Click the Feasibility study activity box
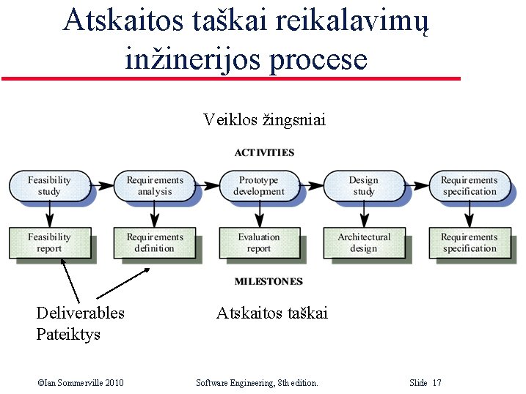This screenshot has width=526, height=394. pyautogui.click(x=49, y=186)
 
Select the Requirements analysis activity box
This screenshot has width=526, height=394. pyautogui.click(x=155, y=186)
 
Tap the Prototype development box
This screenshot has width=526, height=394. pyautogui.click(x=259, y=186)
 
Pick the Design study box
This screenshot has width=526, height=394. pyautogui.click(x=364, y=186)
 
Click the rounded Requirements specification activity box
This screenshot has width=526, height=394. pyautogui.click(x=470, y=186)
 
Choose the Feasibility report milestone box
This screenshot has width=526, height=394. pyautogui.click(x=49, y=243)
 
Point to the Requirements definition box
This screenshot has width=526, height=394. pyautogui.click(x=155, y=243)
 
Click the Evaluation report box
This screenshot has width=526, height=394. pyautogui.click(x=259, y=243)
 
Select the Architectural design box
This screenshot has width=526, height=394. pyautogui.click(x=364, y=243)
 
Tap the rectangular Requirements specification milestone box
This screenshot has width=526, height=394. pyautogui.click(x=470, y=243)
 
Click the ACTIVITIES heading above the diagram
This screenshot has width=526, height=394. pyautogui.click(x=264, y=153)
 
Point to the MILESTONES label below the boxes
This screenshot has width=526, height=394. pyautogui.click(x=269, y=281)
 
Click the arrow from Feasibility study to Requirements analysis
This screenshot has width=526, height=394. pyautogui.click(x=103, y=186)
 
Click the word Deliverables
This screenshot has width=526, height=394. pyautogui.click(x=80, y=313)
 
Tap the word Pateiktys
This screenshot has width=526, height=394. pyautogui.click(x=67, y=335)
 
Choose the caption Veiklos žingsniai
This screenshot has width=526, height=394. pyautogui.click(x=264, y=119)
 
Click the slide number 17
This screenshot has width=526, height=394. pyautogui.click(x=437, y=383)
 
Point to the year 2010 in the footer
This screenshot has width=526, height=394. pyautogui.click(x=114, y=383)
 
